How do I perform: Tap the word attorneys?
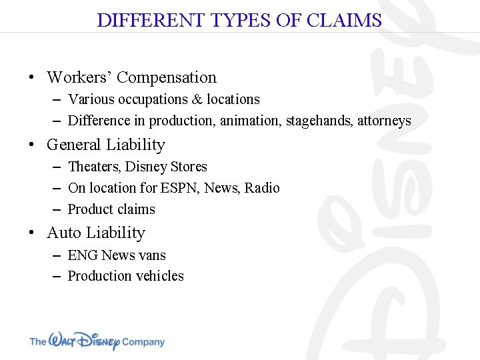pyautogui.click(x=384, y=121)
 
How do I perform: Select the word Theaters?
pyautogui.click(x=93, y=167)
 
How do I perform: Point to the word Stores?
pyautogui.click(x=189, y=167)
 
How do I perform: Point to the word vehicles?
pyautogui.click(x=160, y=276)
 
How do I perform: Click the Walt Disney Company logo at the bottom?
pyautogui.click(x=97, y=341)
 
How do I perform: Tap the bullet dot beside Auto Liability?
pyautogui.click(x=31, y=233)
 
